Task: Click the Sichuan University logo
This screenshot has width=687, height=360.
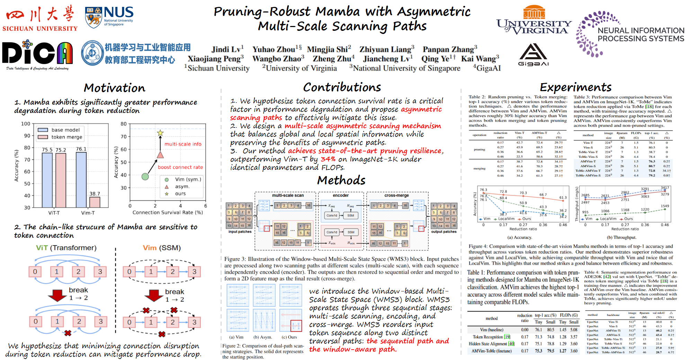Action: (x=40, y=18)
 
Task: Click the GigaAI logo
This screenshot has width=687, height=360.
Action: (x=533, y=54)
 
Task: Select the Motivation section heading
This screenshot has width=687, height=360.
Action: (x=114, y=88)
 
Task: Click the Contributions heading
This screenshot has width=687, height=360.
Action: (x=342, y=87)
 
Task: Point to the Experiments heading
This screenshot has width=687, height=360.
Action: (x=576, y=87)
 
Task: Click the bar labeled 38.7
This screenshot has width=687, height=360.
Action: (x=95, y=202)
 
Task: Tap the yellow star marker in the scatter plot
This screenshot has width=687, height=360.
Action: (x=160, y=133)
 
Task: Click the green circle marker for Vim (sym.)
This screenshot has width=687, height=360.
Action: (x=145, y=177)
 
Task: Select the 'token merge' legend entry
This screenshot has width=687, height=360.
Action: (x=66, y=137)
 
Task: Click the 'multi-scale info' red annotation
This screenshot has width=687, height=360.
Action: (x=183, y=144)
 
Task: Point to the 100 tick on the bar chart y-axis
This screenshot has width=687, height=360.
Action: (x=26, y=124)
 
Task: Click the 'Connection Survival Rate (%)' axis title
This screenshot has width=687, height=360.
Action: (x=168, y=212)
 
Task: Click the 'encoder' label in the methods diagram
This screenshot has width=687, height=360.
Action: (x=341, y=195)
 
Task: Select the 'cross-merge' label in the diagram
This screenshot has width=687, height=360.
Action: (x=396, y=195)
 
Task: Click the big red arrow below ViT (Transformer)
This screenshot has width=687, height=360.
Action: (x=57, y=295)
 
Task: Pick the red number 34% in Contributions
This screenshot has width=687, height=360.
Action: (x=328, y=159)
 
